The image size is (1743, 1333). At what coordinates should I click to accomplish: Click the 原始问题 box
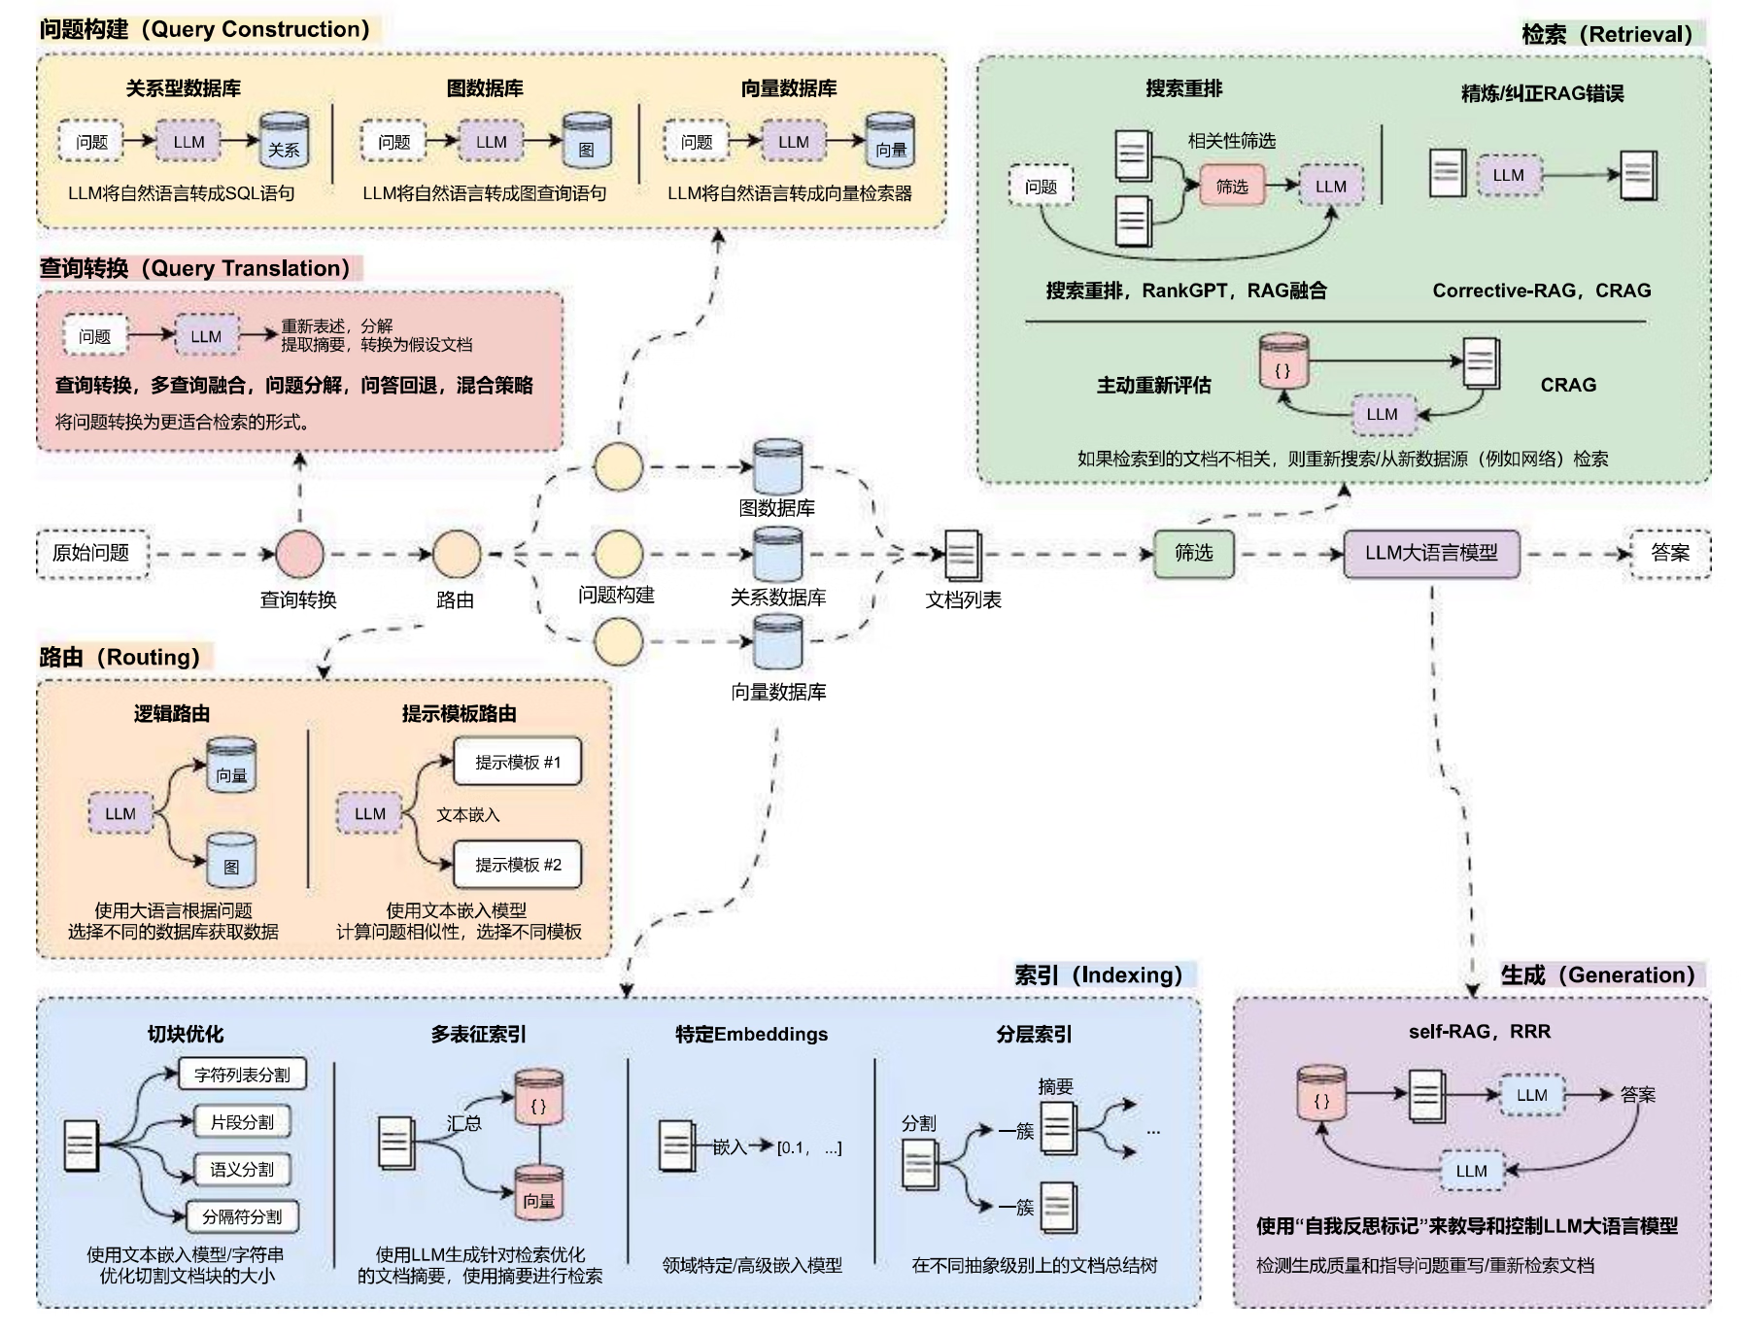tap(92, 554)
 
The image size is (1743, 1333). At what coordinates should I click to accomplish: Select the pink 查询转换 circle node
tap(299, 554)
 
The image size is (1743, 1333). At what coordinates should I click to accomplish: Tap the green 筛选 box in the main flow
tap(1193, 554)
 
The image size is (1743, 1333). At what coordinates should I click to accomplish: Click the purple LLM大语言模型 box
tap(1430, 554)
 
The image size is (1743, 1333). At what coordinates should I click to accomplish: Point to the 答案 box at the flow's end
tap(1669, 554)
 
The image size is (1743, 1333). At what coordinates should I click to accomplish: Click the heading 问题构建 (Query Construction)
tap(205, 29)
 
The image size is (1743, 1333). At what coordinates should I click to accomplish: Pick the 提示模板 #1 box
tap(518, 763)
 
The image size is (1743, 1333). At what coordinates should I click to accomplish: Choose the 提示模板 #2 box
tap(518, 865)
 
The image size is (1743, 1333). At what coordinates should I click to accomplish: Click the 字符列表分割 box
tap(242, 1075)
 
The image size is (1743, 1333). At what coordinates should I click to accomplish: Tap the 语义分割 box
tap(242, 1170)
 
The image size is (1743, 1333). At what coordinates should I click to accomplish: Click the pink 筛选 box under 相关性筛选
tap(1232, 187)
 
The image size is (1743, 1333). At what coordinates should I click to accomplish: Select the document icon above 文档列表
tap(963, 555)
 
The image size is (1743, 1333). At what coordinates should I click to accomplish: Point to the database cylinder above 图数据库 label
tap(778, 466)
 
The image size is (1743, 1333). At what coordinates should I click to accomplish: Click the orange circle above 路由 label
tap(457, 554)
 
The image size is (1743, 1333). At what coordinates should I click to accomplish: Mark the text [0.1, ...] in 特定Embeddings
tap(808, 1148)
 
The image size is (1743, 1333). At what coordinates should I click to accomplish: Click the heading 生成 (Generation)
tap(1597, 975)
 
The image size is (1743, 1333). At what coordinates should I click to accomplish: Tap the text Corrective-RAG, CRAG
tap(1541, 291)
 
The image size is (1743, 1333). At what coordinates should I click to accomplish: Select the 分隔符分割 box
tap(242, 1216)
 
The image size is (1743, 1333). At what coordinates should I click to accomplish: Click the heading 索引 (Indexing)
tap(1098, 975)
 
